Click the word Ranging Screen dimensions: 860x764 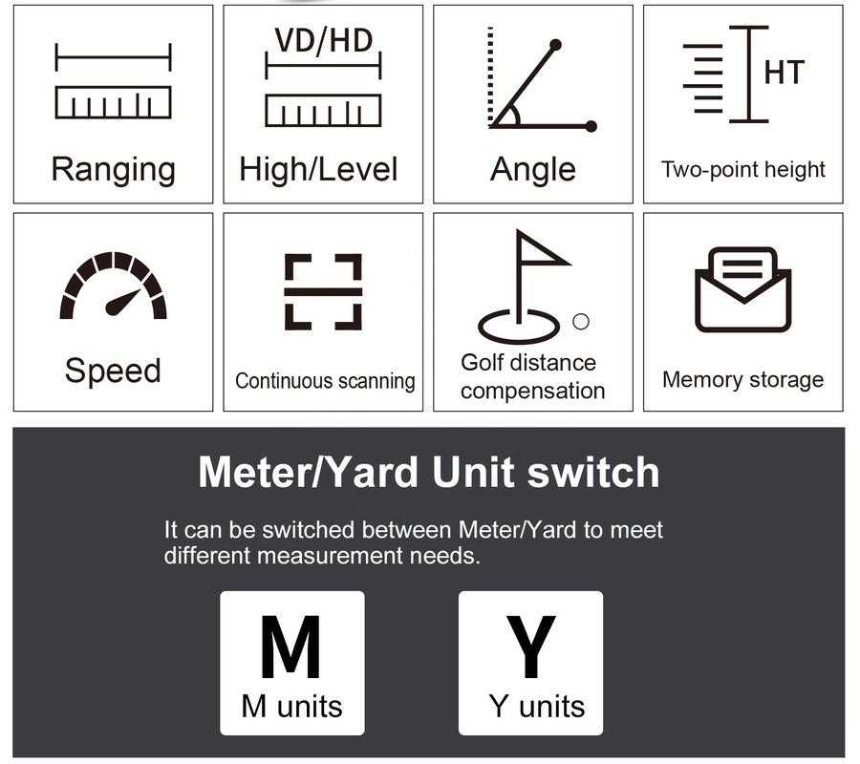[113, 170]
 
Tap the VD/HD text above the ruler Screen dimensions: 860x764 [324, 40]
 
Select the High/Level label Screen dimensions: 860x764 [318, 169]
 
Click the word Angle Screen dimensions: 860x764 [532, 169]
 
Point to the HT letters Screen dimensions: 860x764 [785, 73]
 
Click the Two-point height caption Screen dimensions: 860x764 [743, 169]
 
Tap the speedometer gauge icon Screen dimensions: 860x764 [113, 285]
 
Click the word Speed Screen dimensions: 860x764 [113, 371]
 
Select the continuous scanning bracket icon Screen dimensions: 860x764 [323, 291]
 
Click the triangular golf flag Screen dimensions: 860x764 [543, 249]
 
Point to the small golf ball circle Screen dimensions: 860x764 [581, 321]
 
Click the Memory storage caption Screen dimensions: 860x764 [743, 380]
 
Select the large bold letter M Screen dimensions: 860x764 [290, 647]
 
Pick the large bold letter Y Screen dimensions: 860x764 [530, 647]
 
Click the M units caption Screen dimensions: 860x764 [291, 707]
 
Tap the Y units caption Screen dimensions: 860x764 [537, 707]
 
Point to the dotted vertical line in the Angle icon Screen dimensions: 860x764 [490, 76]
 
